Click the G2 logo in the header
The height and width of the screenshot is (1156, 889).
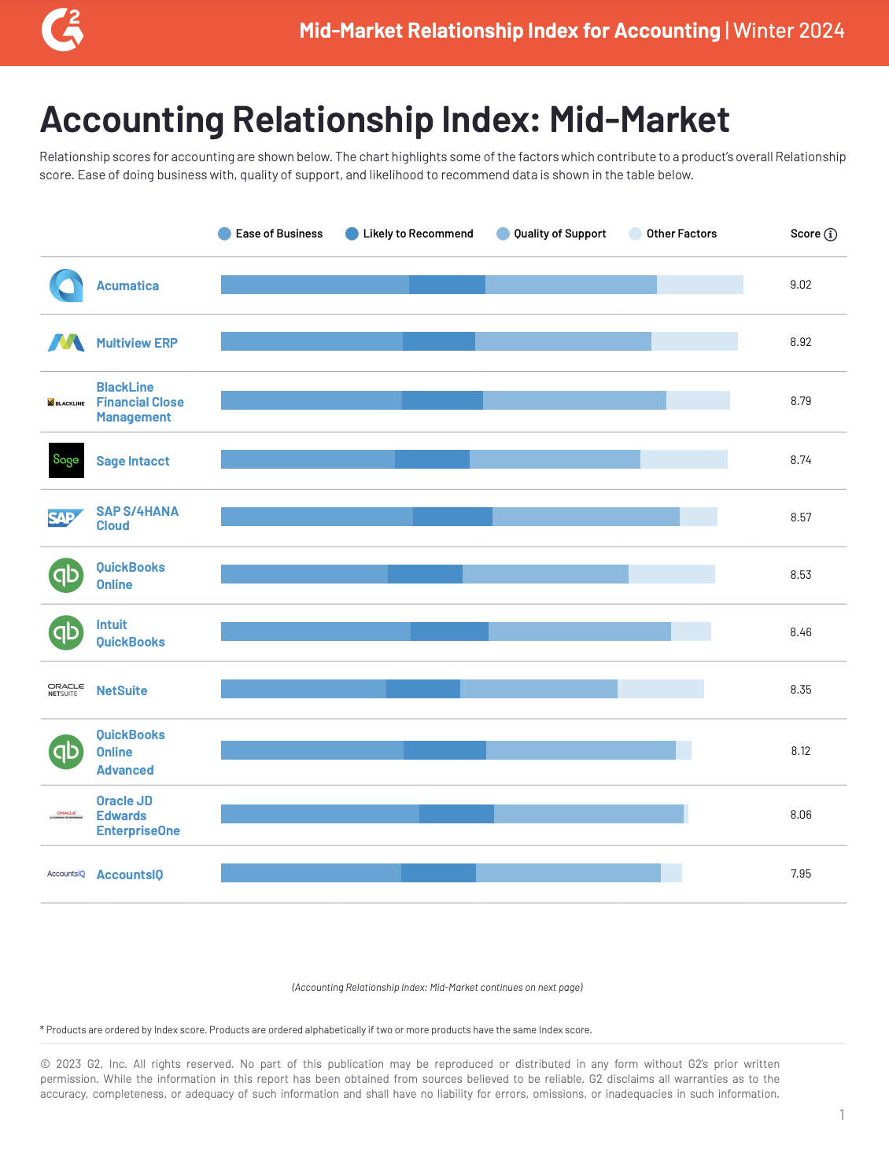coord(62,31)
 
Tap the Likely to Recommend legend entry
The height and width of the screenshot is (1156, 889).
coord(409,234)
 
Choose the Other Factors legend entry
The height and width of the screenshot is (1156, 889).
coord(673,234)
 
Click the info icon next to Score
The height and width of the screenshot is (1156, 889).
coord(831,234)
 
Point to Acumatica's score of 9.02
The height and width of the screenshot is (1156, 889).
coord(800,285)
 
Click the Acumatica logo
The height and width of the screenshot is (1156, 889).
coord(66,285)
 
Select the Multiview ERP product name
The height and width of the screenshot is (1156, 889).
coord(137,343)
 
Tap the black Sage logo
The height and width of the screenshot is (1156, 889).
coord(66,460)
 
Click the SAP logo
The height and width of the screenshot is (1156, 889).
coord(65,517)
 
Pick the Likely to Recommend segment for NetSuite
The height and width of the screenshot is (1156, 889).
coord(423,689)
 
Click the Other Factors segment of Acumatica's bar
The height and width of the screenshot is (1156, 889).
coord(700,285)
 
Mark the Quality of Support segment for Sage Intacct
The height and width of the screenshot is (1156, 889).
coord(555,459)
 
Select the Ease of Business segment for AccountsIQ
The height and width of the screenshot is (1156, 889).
coord(311,873)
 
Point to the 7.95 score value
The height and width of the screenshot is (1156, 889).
coord(800,874)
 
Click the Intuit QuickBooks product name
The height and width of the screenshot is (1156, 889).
coord(130,633)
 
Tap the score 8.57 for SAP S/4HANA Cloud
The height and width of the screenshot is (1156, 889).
coord(800,517)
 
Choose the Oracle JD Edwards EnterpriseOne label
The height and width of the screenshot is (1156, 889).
coord(138,815)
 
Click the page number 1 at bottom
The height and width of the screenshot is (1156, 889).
coord(842,1114)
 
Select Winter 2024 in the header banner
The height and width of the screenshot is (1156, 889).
coord(789,31)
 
